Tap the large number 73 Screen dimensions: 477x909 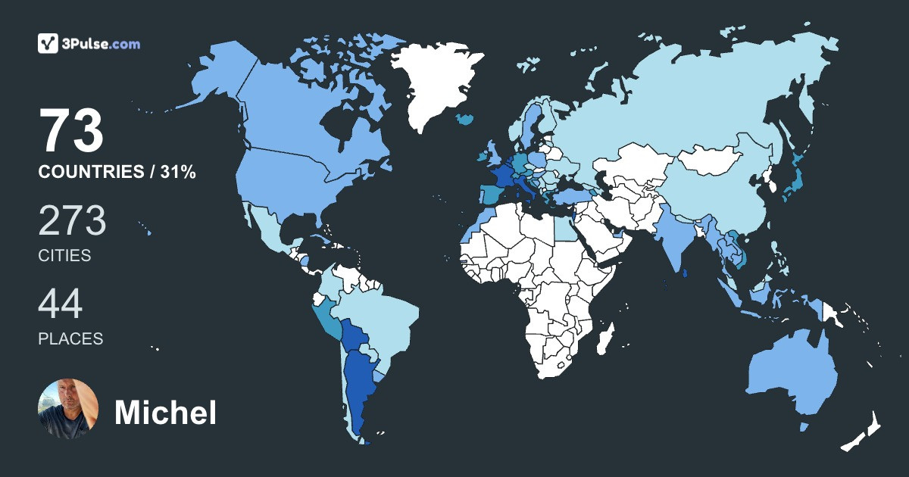pyautogui.click(x=71, y=131)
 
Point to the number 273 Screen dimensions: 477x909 pyautogui.click(x=73, y=220)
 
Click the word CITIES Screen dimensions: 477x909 pyautogui.click(x=64, y=256)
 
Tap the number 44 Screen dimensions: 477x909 pyautogui.click(x=61, y=304)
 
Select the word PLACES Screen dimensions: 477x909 pyautogui.click(x=70, y=338)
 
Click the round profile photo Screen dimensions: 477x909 pyautogui.click(x=68, y=409)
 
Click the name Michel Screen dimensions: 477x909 pyautogui.click(x=165, y=413)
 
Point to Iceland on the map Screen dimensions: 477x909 pyautogui.click(x=465, y=120)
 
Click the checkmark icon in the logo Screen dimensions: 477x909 pyautogui.click(x=48, y=43)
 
